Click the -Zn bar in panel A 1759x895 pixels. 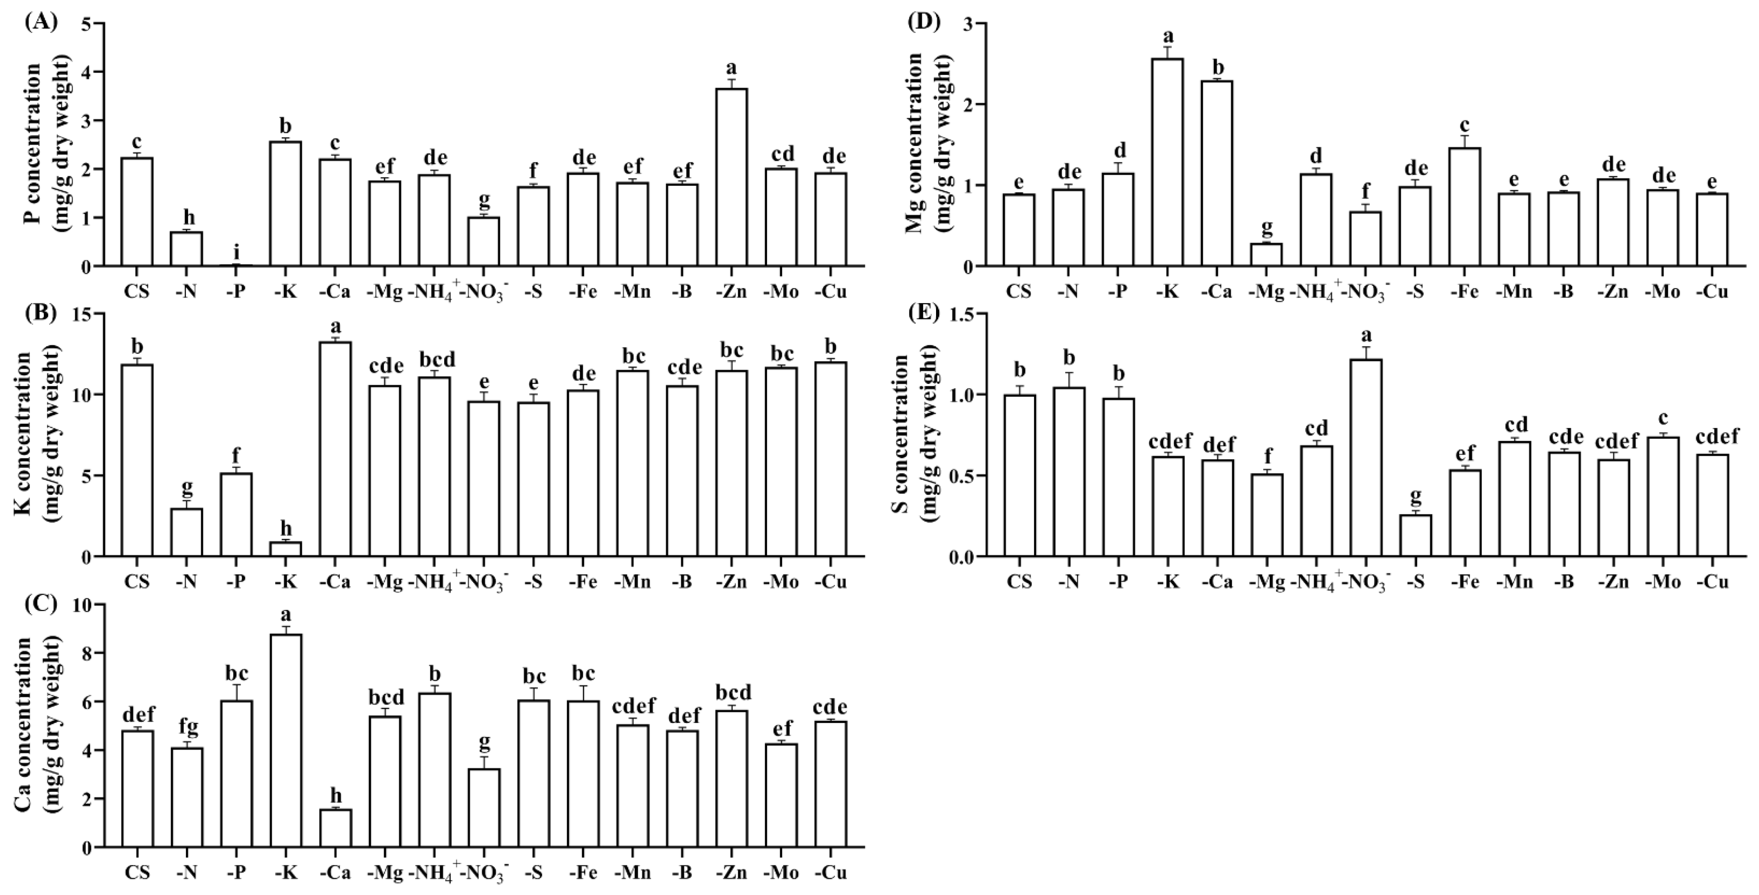point(732,178)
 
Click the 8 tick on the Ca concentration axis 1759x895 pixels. point(89,653)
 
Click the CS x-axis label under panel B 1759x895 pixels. point(138,582)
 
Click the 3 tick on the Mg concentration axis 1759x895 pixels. point(969,24)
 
